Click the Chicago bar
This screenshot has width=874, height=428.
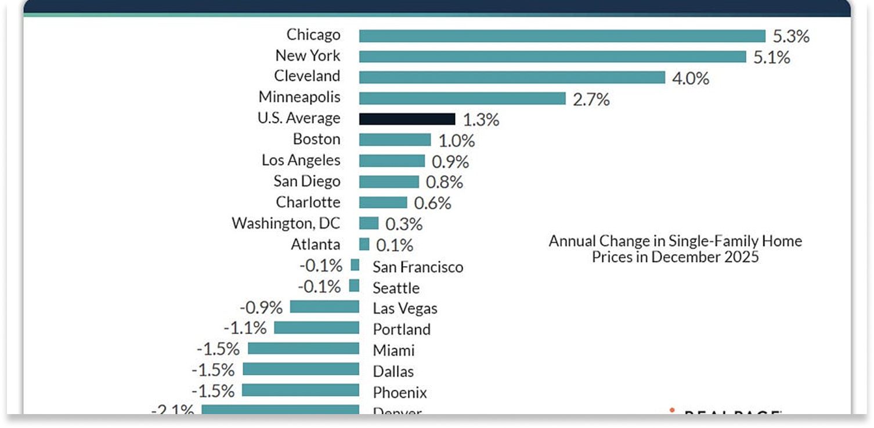[x=562, y=36]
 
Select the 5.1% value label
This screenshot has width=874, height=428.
[x=771, y=57]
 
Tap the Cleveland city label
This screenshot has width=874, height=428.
[x=307, y=76]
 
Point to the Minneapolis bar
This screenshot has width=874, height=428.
[x=462, y=99]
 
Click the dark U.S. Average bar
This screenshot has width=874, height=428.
[x=407, y=119]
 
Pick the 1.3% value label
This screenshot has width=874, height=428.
[x=481, y=120]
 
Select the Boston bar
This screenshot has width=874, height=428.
[x=395, y=140]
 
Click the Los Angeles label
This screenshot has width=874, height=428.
[x=301, y=160]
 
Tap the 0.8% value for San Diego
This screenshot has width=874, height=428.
[x=444, y=182]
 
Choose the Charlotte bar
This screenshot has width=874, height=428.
[x=383, y=202]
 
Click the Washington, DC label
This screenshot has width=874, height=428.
[x=286, y=223]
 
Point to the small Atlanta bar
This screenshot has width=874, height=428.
[x=364, y=244]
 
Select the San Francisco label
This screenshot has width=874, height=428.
[x=418, y=267]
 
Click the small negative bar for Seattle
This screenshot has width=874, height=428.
[x=354, y=286]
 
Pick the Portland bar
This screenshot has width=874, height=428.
[x=316, y=328]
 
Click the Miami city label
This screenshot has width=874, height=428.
[x=393, y=350]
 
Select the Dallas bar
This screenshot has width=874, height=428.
[x=301, y=369]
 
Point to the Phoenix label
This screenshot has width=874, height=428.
[x=399, y=393]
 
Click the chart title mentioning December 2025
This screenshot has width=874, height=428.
[x=675, y=249]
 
